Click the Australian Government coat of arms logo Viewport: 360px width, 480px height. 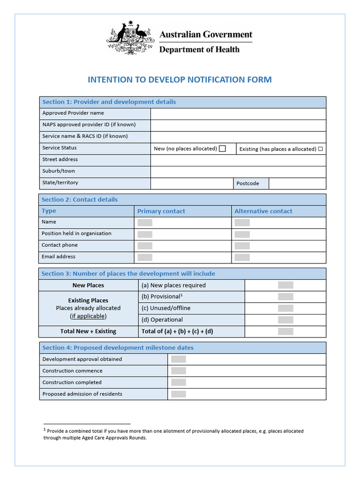click(x=131, y=38)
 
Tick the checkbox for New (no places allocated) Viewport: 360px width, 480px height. click(x=222, y=149)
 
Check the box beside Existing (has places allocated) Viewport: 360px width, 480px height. click(x=321, y=149)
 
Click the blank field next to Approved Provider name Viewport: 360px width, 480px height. click(x=238, y=113)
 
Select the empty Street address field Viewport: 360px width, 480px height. click(x=238, y=160)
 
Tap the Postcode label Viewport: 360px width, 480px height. click(x=247, y=183)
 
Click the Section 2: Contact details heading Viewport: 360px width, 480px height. click(x=80, y=200)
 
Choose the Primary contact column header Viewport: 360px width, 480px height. click(x=161, y=211)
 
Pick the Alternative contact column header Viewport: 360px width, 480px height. click(x=263, y=211)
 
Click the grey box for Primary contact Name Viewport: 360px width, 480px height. click(x=145, y=223)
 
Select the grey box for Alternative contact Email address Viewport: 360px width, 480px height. click(x=242, y=257)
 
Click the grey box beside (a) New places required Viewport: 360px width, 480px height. click(x=285, y=285)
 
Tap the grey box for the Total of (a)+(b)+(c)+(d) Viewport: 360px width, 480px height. click(x=285, y=331)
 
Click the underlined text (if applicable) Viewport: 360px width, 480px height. click(x=88, y=316)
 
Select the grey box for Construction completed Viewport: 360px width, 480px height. click(x=179, y=382)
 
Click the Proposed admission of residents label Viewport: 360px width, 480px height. click(x=82, y=394)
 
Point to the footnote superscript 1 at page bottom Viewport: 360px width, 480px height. click(x=45, y=429)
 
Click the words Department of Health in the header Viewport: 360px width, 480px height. click(x=199, y=50)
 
